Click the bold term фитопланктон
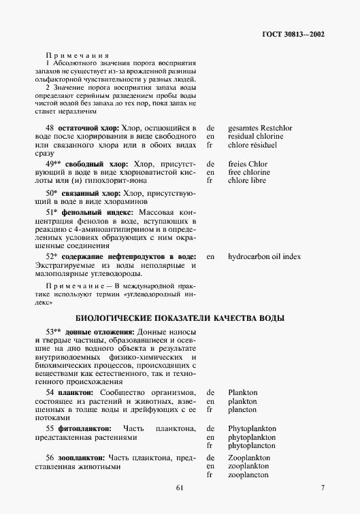click(84, 428)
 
